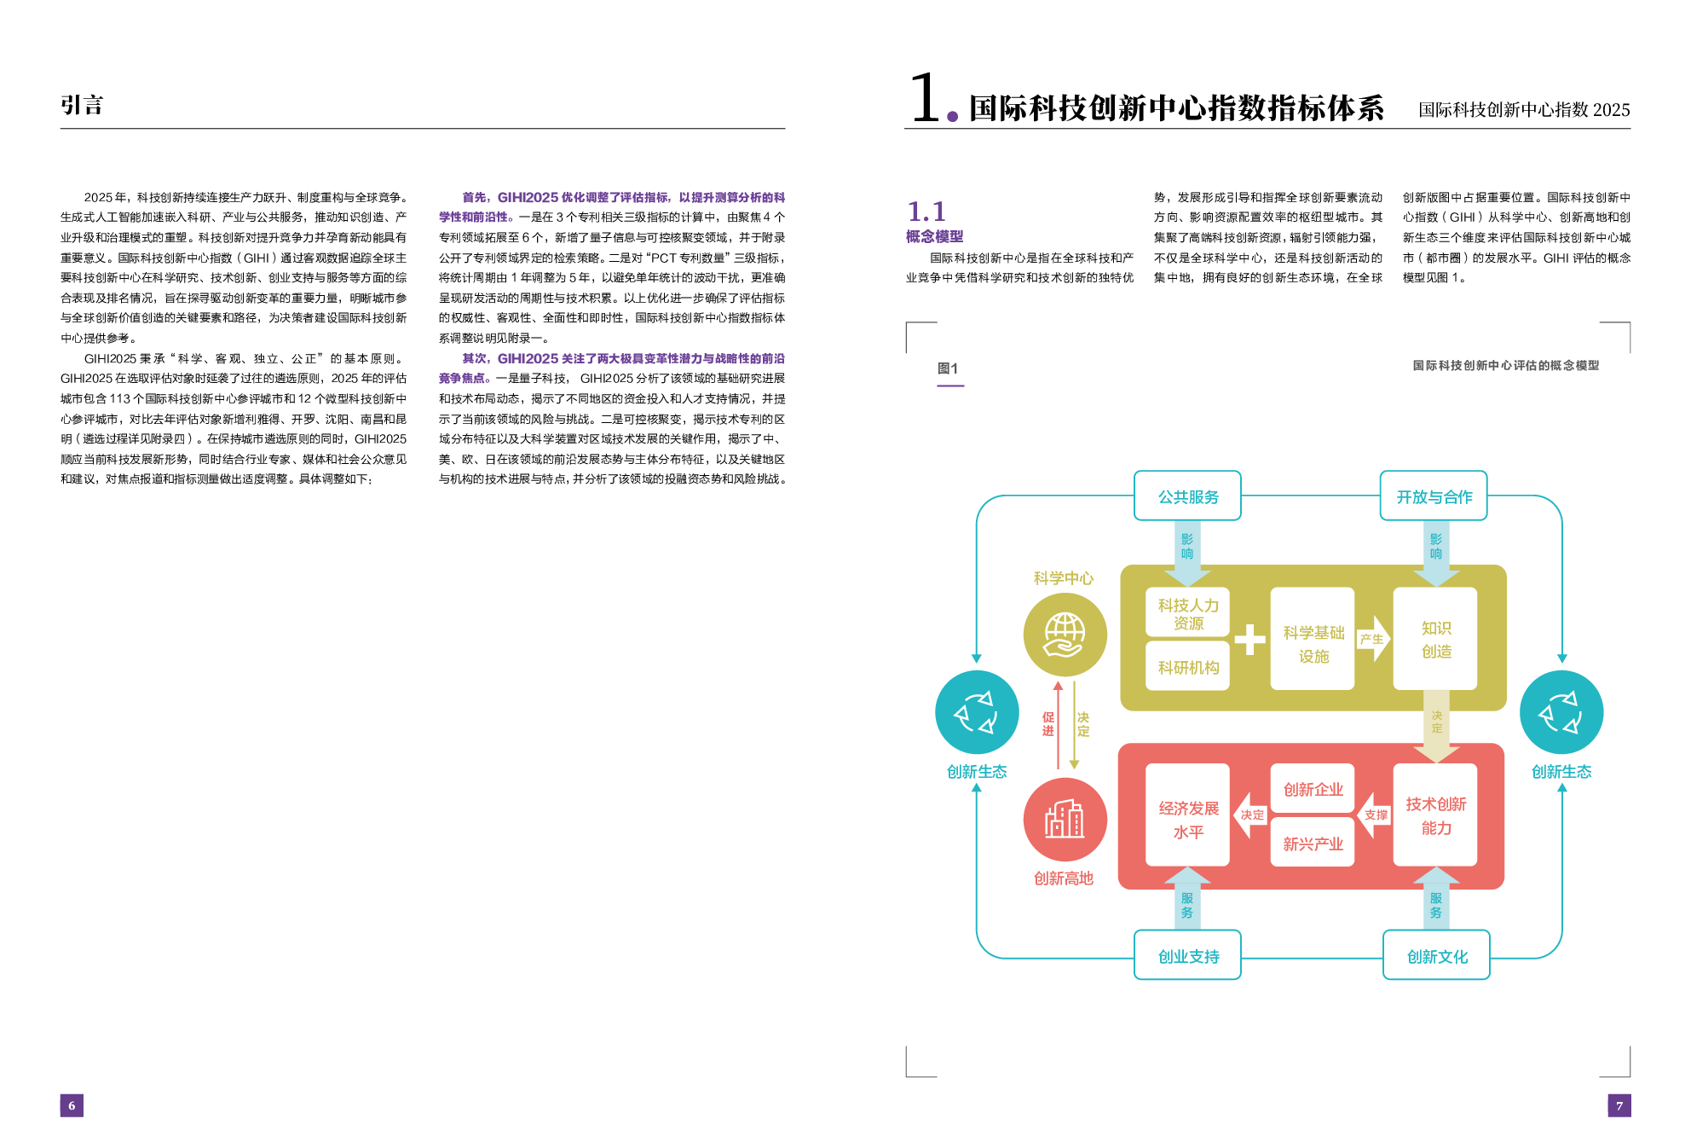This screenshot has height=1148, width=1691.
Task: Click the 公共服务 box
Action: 1187,496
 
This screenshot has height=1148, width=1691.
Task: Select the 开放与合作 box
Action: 1434,496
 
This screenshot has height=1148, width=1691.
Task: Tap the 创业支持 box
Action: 1187,956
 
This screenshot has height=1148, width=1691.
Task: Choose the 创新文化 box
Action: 1436,956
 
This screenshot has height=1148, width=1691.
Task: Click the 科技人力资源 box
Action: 1187,613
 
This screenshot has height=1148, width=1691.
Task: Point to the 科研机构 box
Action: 1187,668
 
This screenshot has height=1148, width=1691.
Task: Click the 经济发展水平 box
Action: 1187,819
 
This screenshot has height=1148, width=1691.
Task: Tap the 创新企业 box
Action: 1313,790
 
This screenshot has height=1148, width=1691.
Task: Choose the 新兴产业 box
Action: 1313,844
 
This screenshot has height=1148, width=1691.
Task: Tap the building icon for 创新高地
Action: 1065,820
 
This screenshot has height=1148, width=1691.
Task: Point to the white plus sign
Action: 1249,640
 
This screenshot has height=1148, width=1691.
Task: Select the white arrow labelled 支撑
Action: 1374,815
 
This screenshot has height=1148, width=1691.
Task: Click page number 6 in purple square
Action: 72,1105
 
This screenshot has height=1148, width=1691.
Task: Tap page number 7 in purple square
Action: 1619,1105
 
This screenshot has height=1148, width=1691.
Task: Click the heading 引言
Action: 82,105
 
